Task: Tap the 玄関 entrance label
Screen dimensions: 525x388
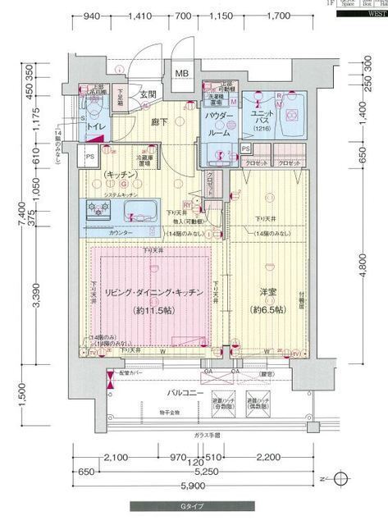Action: [148, 95]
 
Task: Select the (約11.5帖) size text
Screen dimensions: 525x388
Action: [154, 310]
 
